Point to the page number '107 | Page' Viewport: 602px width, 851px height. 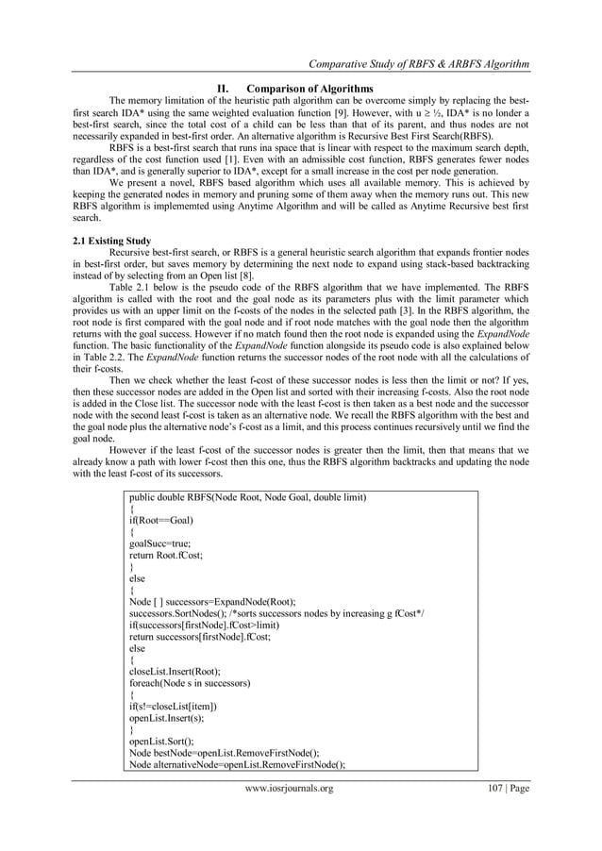(x=501, y=789)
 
